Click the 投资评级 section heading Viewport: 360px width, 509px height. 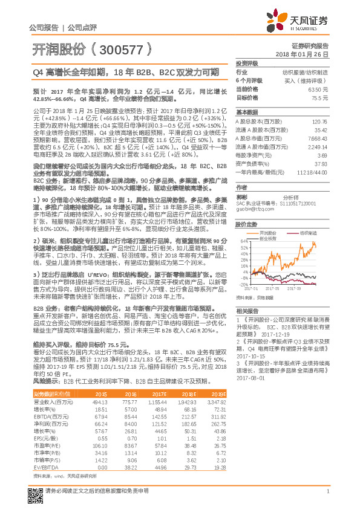click(x=247, y=63)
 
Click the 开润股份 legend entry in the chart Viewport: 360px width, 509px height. click(x=270, y=232)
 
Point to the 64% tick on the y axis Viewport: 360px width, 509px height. click(x=243, y=241)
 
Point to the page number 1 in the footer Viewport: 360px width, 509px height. click(x=327, y=498)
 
